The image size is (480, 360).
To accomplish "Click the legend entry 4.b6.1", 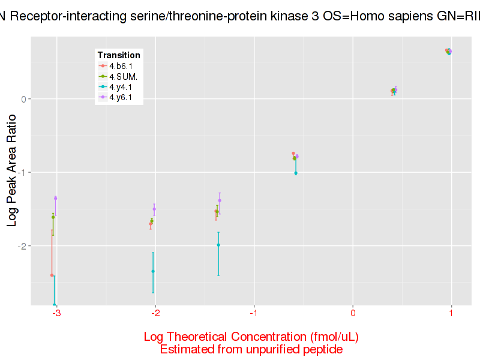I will (x=121, y=65).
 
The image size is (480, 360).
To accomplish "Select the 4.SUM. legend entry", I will (x=122, y=76).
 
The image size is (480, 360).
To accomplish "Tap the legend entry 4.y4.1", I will (x=121, y=86).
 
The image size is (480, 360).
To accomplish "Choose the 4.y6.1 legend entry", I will (x=121, y=97).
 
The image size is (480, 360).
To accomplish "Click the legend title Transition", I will (x=119, y=55).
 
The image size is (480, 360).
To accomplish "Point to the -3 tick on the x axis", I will (x=56, y=313).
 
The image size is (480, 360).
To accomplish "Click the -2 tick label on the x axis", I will (x=155, y=313).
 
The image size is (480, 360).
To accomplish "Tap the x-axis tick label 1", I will (x=451, y=313).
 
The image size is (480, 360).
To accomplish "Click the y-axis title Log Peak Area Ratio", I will (x=12, y=172).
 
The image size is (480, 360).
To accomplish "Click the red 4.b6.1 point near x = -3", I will (x=52, y=275).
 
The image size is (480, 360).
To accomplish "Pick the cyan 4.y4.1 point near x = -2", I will (x=153, y=271).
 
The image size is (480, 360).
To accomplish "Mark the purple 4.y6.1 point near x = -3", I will (x=55, y=198).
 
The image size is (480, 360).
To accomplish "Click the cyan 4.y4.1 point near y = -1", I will (x=296, y=173).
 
